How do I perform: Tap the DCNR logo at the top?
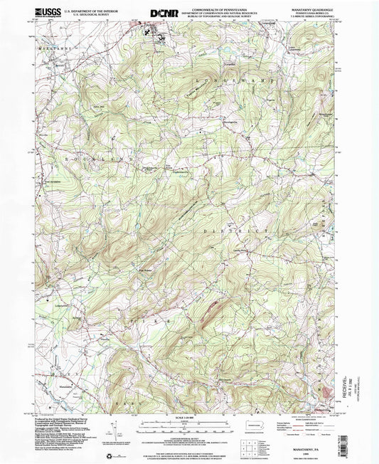(x=163, y=12)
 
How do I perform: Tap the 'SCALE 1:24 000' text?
(x=183, y=417)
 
